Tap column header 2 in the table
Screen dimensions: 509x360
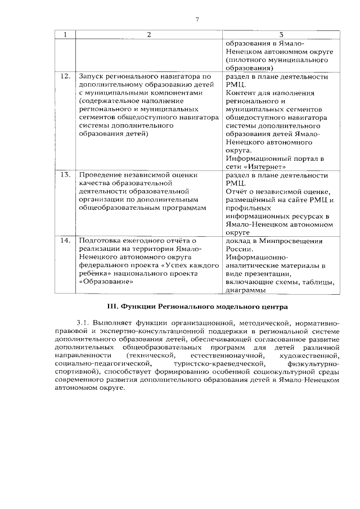(149, 35)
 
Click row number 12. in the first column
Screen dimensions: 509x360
(65, 76)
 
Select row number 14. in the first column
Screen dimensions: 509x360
(65, 241)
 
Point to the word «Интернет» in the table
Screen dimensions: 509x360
(263, 166)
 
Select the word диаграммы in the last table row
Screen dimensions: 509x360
(245, 290)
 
